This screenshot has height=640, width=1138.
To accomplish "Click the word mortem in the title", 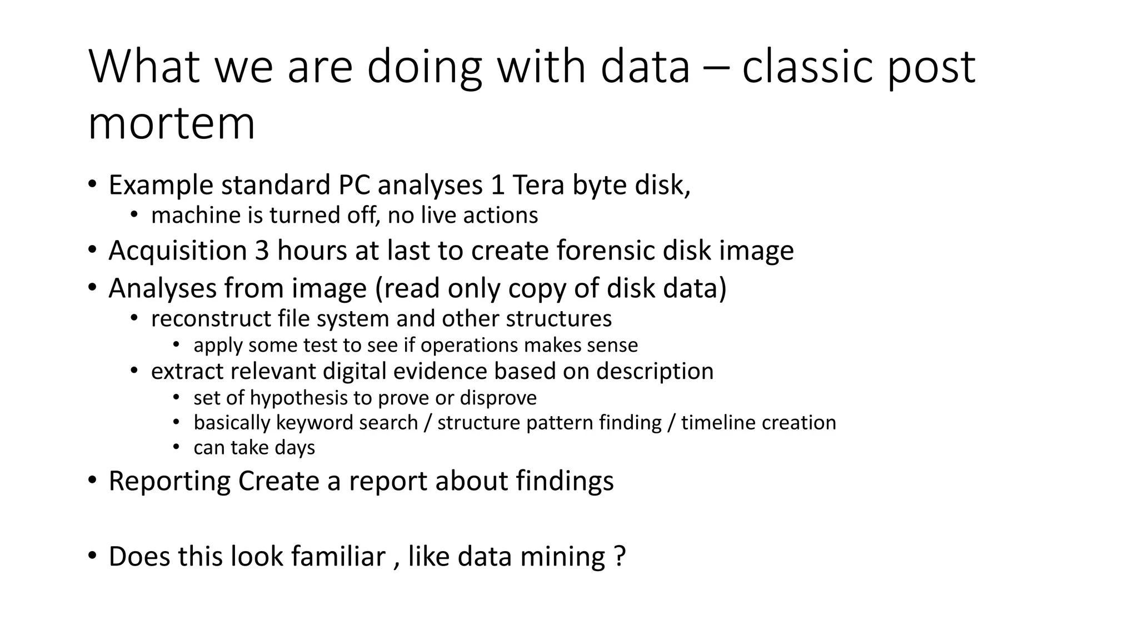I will click(x=171, y=123).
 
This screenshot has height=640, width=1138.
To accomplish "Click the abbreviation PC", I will click(x=354, y=185).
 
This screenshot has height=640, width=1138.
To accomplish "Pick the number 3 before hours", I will click(x=262, y=251).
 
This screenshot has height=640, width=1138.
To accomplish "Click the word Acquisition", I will click(x=178, y=251).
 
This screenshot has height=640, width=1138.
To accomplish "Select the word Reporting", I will click(x=169, y=481).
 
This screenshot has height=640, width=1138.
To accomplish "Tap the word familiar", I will click(x=338, y=556).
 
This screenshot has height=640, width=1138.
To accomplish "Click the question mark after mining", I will click(x=621, y=556).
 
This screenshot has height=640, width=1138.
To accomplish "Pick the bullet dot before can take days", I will click(x=176, y=447).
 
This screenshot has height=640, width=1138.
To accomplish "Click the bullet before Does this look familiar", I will click(x=92, y=556).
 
